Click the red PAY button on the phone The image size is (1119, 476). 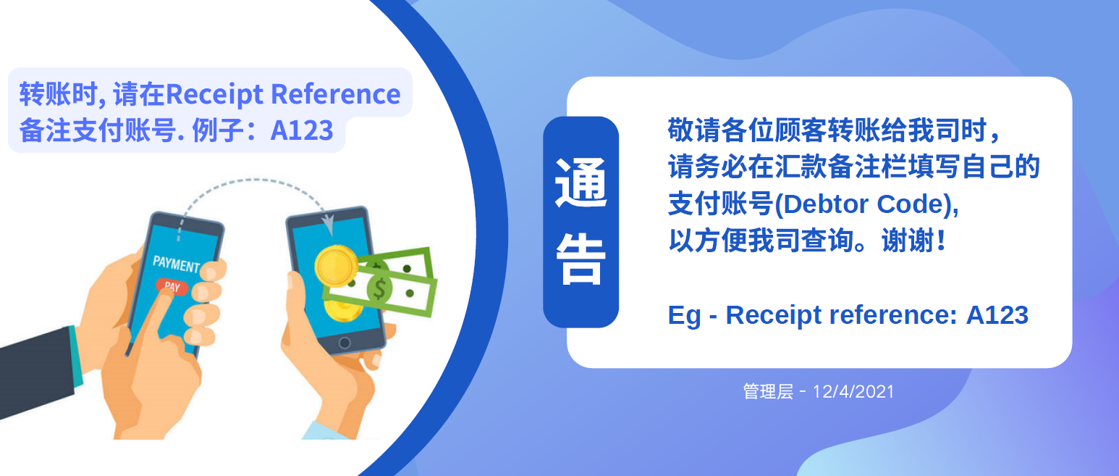[x=172, y=286]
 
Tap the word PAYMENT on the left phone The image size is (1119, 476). [x=177, y=264]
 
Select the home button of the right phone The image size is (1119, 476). [x=345, y=343]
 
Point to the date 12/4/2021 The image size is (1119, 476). [x=853, y=391]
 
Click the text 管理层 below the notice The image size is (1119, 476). [x=768, y=391]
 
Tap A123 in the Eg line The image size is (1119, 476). [x=997, y=315]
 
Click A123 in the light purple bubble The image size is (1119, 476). [x=302, y=130]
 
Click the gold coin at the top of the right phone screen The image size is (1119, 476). [x=336, y=265]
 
